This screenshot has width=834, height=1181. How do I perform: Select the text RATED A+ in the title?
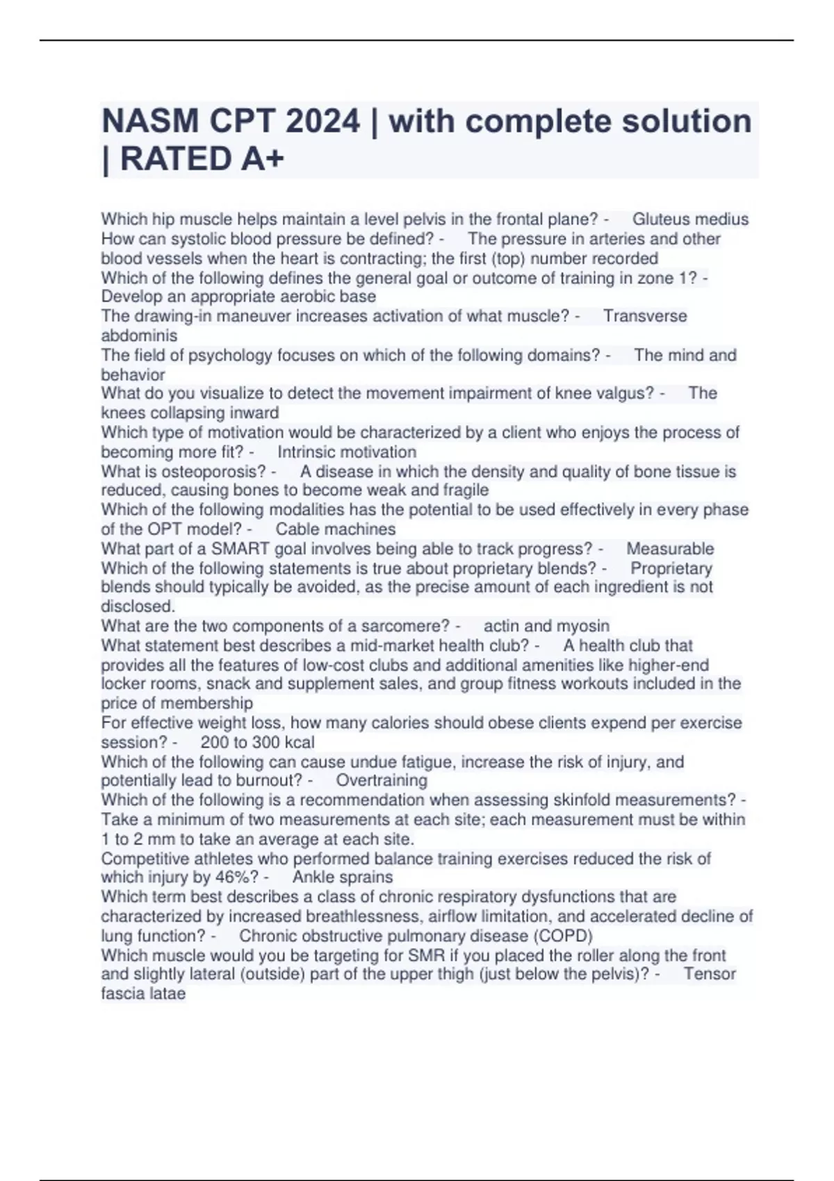(202, 159)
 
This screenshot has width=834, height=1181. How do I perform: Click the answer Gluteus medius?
(690, 220)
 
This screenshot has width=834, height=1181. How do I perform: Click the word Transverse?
(645, 316)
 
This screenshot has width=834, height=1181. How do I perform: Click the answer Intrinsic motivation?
(347, 452)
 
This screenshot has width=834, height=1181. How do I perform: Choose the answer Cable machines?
(336, 529)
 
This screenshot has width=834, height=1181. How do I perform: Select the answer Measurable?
(670, 549)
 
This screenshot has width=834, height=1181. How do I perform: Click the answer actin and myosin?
(546, 626)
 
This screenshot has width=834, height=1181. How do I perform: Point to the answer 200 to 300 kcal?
(257, 742)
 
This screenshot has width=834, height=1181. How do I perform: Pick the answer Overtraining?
(382, 780)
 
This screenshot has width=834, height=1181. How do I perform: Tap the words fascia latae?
(143, 993)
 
